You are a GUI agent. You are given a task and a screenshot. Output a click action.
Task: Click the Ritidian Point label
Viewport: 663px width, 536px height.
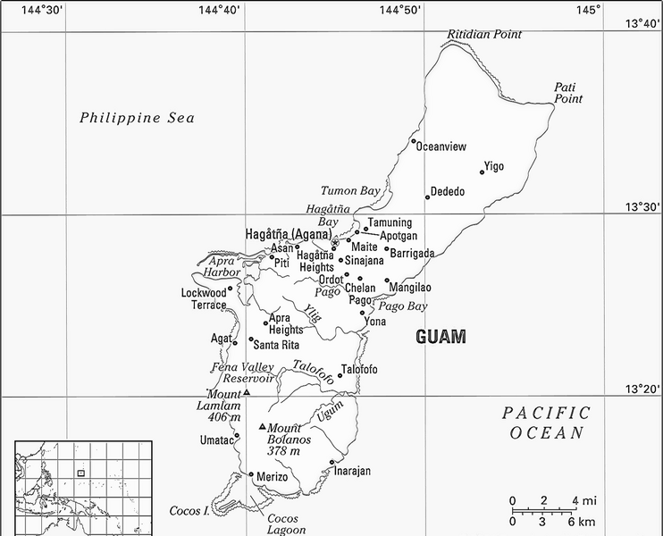pos(484,34)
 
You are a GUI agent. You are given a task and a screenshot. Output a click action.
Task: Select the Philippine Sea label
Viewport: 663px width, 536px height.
pos(137,118)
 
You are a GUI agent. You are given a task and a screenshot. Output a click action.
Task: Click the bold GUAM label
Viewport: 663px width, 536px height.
pos(441,337)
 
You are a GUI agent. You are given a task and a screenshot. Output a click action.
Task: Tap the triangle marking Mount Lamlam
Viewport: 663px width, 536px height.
pos(247,392)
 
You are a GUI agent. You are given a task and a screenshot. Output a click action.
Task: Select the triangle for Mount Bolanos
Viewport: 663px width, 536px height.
pos(262,426)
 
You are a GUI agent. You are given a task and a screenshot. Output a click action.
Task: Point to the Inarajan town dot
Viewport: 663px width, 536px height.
pos(331,463)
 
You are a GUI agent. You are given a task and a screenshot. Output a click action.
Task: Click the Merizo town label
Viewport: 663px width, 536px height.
pos(273,478)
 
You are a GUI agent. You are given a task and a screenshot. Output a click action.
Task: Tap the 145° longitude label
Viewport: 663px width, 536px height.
pos(588,10)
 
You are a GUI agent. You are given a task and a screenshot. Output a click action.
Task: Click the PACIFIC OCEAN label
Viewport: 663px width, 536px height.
pos(546,423)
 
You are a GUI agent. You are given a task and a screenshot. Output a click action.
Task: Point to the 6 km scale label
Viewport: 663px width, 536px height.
pos(580,522)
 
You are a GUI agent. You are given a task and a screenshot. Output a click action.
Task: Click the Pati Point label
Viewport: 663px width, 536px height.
pos(567,92)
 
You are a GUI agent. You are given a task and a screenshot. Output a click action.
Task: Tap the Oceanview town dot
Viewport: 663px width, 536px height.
pos(413,140)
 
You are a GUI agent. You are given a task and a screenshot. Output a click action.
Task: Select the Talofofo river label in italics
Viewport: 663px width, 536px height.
pos(314,372)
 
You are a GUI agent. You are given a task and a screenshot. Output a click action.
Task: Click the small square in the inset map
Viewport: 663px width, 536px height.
pos(80,473)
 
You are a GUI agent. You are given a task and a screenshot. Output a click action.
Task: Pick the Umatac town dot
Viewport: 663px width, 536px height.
pos(237,436)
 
